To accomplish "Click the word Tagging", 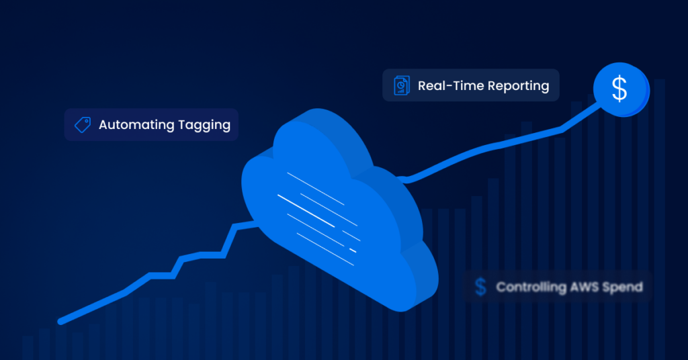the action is pyautogui.click(x=204, y=126).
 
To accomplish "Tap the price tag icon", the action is pyautogui.click(x=83, y=125).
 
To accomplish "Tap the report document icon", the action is pyautogui.click(x=402, y=85).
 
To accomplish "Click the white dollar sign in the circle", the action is pyautogui.click(x=619, y=89).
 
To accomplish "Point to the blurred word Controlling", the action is pyautogui.click(x=531, y=287).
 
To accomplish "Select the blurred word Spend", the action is pyautogui.click(x=623, y=287).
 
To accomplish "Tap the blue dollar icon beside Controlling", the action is pyautogui.click(x=481, y=287).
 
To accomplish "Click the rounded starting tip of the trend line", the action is pyautogui.click(x=60, y=322).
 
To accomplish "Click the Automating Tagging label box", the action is pyautogui.click(x=151, y=125).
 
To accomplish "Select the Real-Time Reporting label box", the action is pyautogui.click(x=471, y=85).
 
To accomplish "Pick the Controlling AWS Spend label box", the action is pyautogui.click(x=558, y=287).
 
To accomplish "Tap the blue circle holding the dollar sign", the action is pyautogui.click(x=621, y=89).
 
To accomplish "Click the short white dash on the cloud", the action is pyautogui.click(x=352, y=251).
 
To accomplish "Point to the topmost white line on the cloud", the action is pyautogui.click(x=316, y=189).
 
